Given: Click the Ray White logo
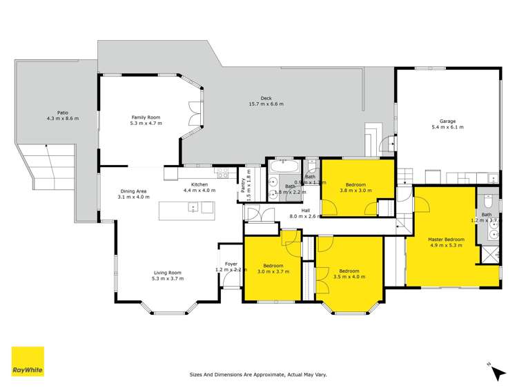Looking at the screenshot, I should click(x=28, y=362).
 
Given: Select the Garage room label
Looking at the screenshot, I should click(x=447, y=121).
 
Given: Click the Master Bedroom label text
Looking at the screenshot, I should click(x=447, y=240).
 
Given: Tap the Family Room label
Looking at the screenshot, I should click(x=146, y=117).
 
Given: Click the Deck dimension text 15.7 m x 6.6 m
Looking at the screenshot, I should click(x=266, y=104).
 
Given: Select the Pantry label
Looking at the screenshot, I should click(x=243, y=186).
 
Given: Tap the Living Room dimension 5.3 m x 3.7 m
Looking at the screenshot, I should click(x=166, y=278).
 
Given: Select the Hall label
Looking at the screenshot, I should click(x=304, y=210).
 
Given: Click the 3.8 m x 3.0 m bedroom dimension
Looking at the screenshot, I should click(x=355, y=191).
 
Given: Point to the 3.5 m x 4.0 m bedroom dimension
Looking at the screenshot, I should click(x=349, y=277).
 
